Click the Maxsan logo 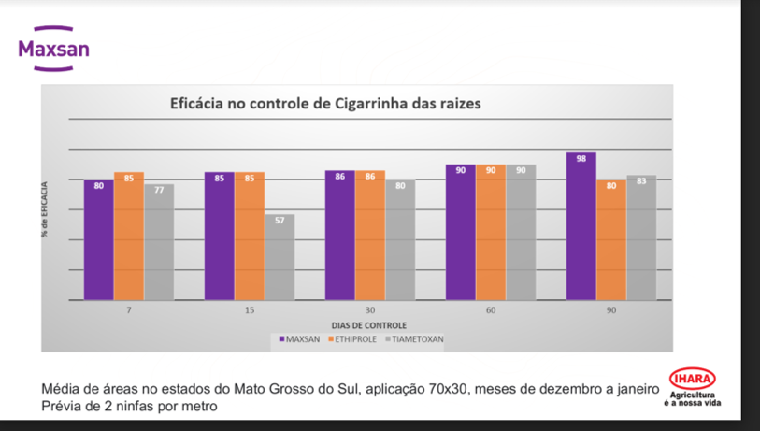tap(54, 47)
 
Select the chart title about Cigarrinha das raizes tap(324, 103)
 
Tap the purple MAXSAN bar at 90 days tap(581, 225)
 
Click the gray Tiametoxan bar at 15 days tap(279, 257)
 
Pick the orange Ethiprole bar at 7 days tap(129, 236)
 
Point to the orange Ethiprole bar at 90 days tap(611, 239)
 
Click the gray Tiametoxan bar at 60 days tap(521, 232)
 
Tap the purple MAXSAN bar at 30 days tap(339, 236)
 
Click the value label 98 tap(581, 159)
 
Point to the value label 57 tap(279, 221)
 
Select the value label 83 tap(641, 180)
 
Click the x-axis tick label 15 tap(250, 309)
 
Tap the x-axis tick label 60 tap(491, 309)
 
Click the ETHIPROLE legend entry tap(354, 338)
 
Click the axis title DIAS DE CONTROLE tap(369, 323)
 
